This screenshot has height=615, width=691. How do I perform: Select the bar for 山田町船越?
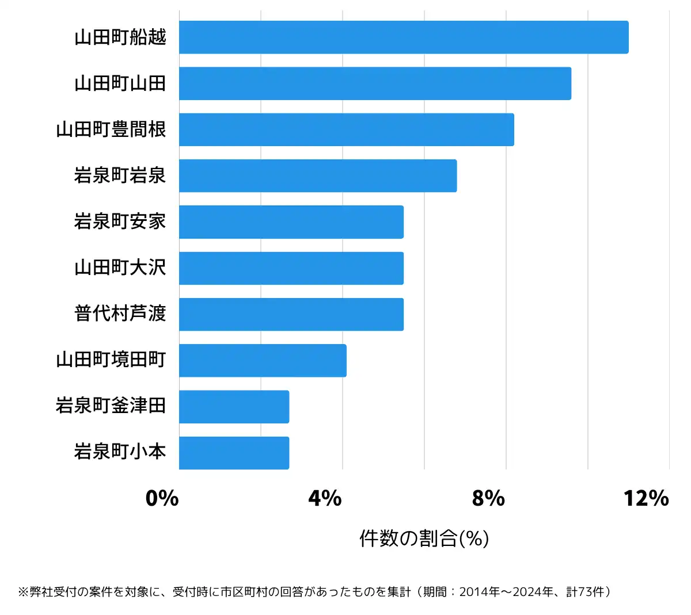pos(403,37)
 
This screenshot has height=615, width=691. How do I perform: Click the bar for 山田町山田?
pos(374,83)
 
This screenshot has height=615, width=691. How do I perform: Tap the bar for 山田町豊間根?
pos(345,129)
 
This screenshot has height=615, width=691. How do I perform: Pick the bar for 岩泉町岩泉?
pos(317,175)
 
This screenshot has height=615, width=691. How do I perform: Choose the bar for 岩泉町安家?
pos(291,222)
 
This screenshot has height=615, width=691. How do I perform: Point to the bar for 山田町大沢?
pos(291,268)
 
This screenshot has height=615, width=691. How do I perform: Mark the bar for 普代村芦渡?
pos(291,314)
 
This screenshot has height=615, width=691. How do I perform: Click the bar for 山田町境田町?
pos(263,361)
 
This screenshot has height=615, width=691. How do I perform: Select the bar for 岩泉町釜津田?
pos(234,407)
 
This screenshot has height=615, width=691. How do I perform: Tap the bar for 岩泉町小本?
pos(234,453)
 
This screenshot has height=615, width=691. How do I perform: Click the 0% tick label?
pos(162,498)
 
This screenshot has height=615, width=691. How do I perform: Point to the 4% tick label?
pos(325,498)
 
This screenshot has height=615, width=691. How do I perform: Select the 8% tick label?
pos(488,498)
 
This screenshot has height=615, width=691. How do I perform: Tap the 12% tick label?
pos(646,498)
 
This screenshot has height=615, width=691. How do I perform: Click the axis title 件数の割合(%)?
pos(424,538)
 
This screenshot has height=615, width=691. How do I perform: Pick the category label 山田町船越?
pos(120,37)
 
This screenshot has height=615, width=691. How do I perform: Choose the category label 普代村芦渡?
pos(120,314)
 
